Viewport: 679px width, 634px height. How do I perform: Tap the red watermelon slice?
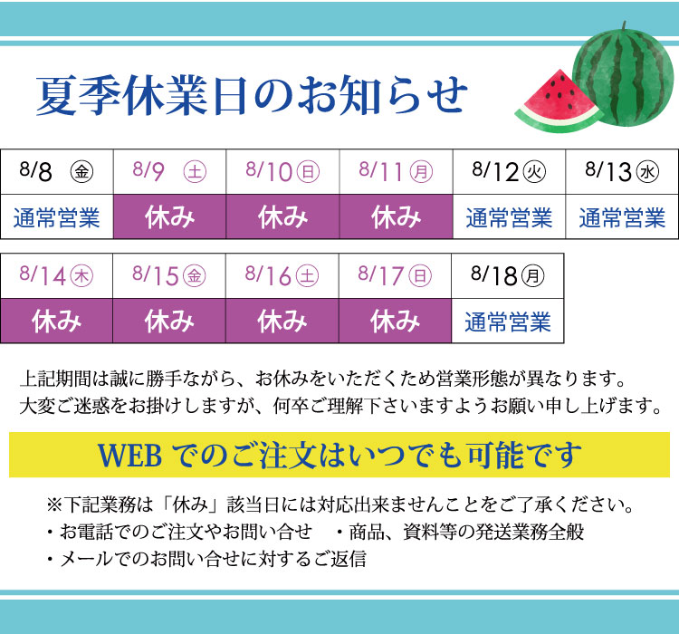click(559, 103)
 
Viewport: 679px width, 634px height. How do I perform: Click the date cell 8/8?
click(57, 171)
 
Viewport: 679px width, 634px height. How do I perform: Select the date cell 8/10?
click(282, 171)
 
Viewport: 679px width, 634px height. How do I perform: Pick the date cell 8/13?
click(622, 171)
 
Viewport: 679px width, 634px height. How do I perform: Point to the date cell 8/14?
click(56, 276)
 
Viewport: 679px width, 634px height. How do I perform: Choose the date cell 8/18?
click(508, 276)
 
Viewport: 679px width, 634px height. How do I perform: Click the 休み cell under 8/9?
click(170, 216)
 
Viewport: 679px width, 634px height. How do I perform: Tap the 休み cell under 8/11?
click(396, 216)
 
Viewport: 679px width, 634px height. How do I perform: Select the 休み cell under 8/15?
click(169, 322)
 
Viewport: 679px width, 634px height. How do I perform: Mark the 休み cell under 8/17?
click(395, 322)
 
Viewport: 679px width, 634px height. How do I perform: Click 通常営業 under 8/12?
click(509, 217)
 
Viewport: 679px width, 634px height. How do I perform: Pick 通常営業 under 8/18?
click(508, 322)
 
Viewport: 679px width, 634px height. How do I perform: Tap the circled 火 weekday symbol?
click(534, 171)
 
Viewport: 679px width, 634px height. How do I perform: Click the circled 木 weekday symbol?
click(81, 276)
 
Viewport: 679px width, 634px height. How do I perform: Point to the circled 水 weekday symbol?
click(647, 171)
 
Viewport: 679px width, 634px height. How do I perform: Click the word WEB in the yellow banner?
click(129, 456)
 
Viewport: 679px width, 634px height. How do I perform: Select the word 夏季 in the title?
click(79, 95)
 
